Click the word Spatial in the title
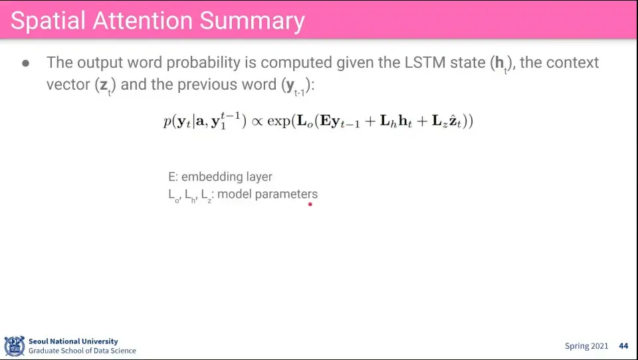[x=48, y=21]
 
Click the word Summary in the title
[x=253, y=21]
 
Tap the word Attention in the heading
[x=142, y=21]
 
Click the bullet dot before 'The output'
[x=26, y=63]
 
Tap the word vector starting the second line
[x=68, y=84]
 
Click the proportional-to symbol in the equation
[x=257, y=122]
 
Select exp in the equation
[x=278, y=122]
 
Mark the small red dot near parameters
[x=310, y=204]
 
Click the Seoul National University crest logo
[x=15, y=346]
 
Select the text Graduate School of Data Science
[x=82, y=351]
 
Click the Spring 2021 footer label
[x=586, y=346]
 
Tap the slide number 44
[x=623, y=346]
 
